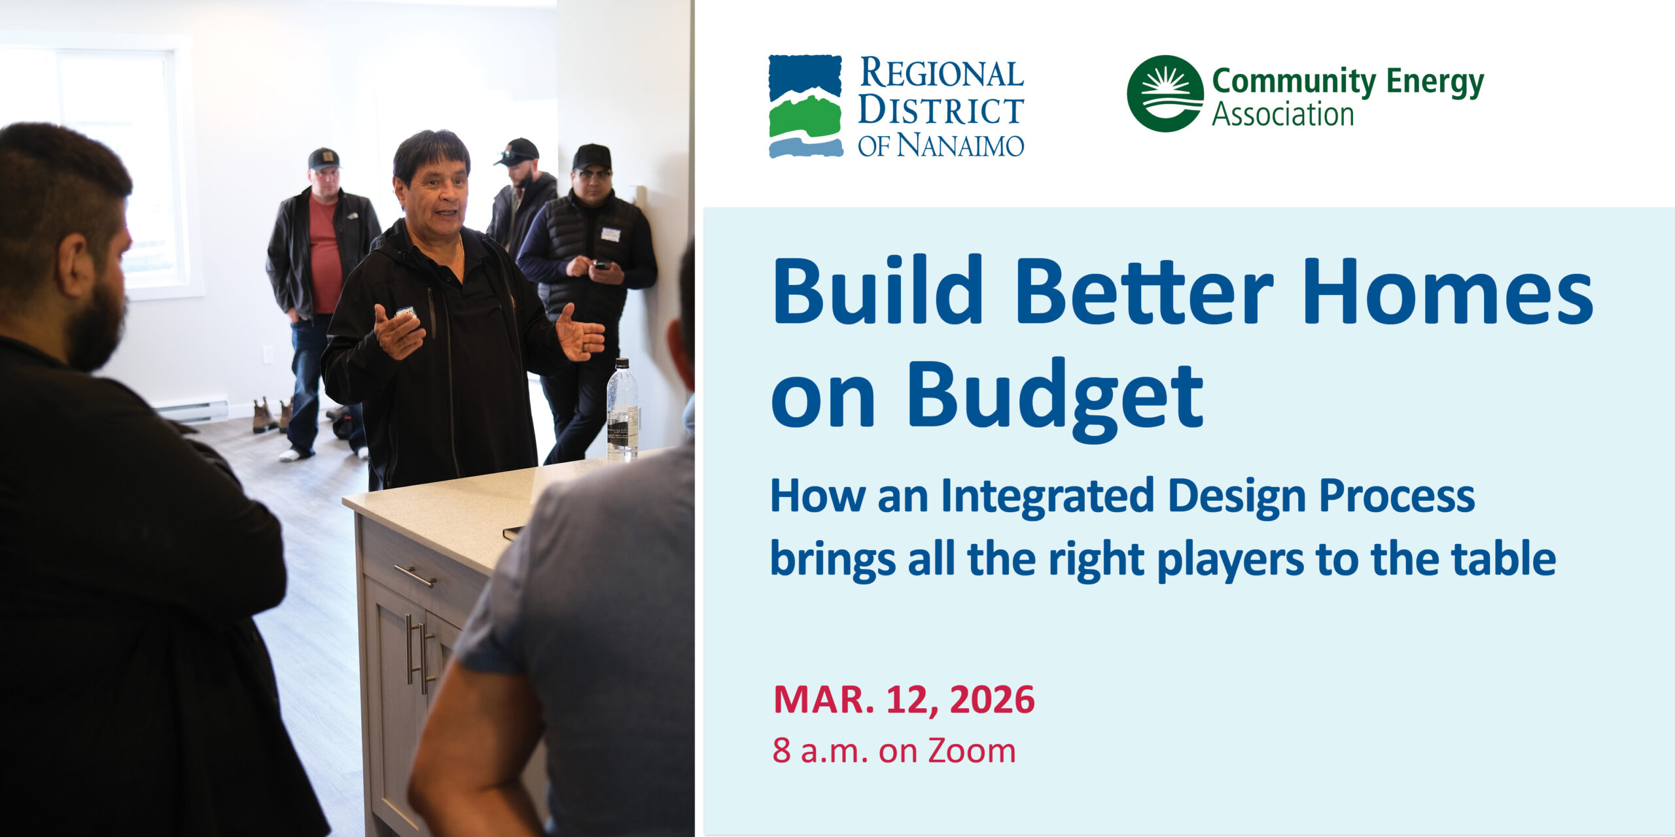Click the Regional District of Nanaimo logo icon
[x=805, y=106]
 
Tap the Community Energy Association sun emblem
[x=1165, y=94]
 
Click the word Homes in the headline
[x=1448, y=291]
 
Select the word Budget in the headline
[x=1055, y=399]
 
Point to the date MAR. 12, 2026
[x=904, y=700]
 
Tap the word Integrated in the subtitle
[x=1047, y=497]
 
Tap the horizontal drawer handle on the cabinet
[x=415, y=575]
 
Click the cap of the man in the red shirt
[x=323, y=159]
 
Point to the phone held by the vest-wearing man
[x=601, y=264]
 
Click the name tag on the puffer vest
[x=610, y=234]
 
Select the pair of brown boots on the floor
[x=272, y=415]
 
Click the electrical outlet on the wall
[x=268, y=354]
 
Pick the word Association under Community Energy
[x=1282, y=114]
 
